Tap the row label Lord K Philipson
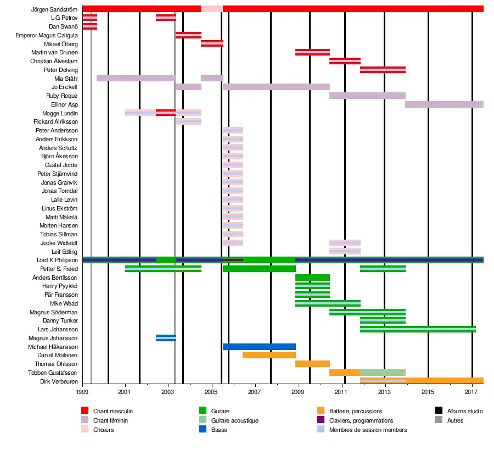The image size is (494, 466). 57,260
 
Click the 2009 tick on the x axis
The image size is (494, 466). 297,392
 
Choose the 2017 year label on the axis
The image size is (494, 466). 471,392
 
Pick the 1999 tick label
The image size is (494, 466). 83,392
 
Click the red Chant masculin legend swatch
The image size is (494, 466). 85,410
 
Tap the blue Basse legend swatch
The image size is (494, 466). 203,430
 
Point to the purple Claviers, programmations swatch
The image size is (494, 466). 321,420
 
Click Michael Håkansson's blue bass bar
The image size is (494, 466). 259,347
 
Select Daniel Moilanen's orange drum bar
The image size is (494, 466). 269,355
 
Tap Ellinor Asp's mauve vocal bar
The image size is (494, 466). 444,104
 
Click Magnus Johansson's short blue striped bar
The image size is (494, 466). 166,338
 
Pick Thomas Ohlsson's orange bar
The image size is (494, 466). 312,364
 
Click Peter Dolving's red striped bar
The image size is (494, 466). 383,70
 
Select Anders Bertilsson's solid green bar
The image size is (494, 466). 312,278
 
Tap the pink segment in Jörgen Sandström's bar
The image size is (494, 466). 211,9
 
